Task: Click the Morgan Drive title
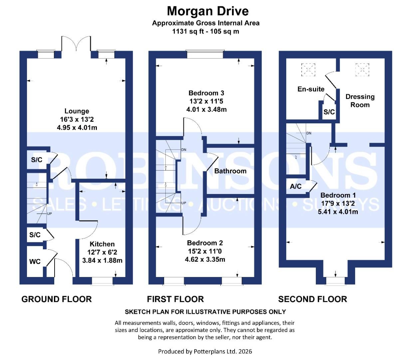tap(208, 11)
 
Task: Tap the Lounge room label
tap(77, 111)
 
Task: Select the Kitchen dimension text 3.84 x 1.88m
tap(102, 261)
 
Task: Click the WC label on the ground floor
tap(35, 262)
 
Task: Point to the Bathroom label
tap(230, 171)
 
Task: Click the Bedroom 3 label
tap(206, 93)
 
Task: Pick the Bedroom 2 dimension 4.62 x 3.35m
tap(205, 259)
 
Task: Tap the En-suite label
tap(311, 89)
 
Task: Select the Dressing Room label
tap(360, 101)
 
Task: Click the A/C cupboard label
tap(296, 186)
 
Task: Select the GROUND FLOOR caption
tap(57, 299)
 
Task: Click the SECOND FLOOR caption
tap(312, 299)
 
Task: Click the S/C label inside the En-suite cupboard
tap(329, 112)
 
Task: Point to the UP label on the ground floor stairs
tap(49, 214)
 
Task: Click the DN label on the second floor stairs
tap(309, 133)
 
